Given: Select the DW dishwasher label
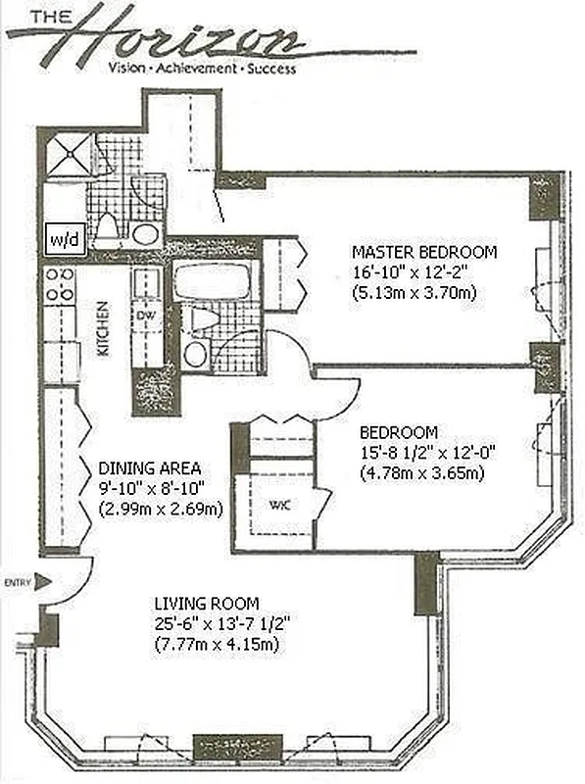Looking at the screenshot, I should (145, 315).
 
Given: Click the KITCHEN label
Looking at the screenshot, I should (102, 328).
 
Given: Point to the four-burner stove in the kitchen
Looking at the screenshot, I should (58, 284).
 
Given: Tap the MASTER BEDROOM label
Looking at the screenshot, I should (424, 252).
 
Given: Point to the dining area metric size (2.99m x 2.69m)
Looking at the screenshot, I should (161, 508).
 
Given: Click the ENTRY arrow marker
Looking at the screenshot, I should (40, 582).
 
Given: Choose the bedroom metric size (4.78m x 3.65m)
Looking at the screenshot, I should (423, 472).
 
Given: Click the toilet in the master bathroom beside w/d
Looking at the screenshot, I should (110, 228).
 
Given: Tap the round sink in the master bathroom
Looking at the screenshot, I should (146, 233).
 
